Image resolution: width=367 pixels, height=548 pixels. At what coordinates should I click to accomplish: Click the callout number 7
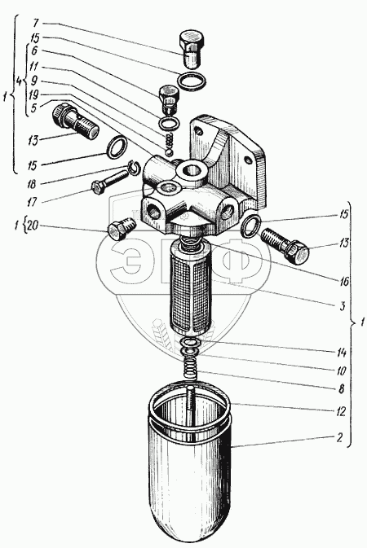coord(35,24)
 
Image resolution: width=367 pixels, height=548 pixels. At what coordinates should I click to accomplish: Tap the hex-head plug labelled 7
coord(191,50)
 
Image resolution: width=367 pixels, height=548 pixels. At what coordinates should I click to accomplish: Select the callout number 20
coord(33,226)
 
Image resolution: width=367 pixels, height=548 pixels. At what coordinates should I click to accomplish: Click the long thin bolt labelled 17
coord(109,180)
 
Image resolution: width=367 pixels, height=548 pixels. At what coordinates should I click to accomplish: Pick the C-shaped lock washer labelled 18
coord(134,166)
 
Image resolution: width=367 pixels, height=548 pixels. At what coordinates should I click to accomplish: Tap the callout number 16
coord(344,281)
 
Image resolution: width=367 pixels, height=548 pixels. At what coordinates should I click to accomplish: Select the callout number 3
coord(343,306)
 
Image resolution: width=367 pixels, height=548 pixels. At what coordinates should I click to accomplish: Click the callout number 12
coord(341,411)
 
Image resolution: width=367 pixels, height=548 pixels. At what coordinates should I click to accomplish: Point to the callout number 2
coord(340,437)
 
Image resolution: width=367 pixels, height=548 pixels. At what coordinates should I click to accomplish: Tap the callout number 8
coord(340,388)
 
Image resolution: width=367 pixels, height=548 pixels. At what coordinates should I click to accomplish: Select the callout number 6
coord(34,51)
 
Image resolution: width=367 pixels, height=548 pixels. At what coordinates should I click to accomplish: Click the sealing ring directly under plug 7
coord(192,81)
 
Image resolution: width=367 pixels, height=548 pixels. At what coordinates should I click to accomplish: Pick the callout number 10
coord(341,370)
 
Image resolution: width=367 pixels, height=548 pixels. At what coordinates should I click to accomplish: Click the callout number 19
coord(34,95)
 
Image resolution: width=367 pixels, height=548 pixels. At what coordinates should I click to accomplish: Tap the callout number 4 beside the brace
coord(20,81)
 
